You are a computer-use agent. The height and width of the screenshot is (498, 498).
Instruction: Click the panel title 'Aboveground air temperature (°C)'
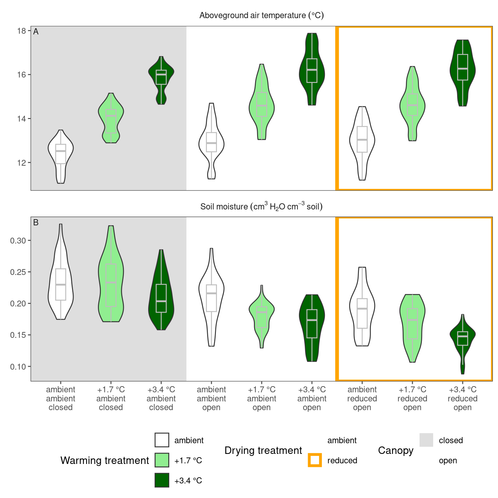261,16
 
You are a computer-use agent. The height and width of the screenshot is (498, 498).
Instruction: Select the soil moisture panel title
261,207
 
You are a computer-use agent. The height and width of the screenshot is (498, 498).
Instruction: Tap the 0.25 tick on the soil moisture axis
19,272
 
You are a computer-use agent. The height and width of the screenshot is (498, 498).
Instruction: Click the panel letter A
36,31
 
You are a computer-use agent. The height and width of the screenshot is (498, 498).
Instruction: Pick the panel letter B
36,222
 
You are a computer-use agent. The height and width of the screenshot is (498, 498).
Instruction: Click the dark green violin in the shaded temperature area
161,78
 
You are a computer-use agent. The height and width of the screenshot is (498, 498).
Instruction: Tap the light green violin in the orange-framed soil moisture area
412,324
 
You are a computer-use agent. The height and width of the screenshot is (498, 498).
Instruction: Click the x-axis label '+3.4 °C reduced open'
462,398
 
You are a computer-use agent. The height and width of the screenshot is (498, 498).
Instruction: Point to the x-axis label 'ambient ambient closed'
61,398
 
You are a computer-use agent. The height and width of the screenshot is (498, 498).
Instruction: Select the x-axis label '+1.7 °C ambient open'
261,398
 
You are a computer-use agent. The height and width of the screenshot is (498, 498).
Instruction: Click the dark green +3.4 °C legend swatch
162,480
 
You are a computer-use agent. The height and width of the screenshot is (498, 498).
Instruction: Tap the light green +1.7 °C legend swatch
162,460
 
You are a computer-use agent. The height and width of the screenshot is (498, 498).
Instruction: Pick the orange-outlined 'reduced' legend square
315,460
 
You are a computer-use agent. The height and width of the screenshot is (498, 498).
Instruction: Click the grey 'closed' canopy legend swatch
426,440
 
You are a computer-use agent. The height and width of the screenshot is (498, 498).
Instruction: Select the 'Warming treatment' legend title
104,460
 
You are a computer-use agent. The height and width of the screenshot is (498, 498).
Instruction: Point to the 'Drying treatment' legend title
263,450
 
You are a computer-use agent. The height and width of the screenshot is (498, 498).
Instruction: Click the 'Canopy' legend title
396,450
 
